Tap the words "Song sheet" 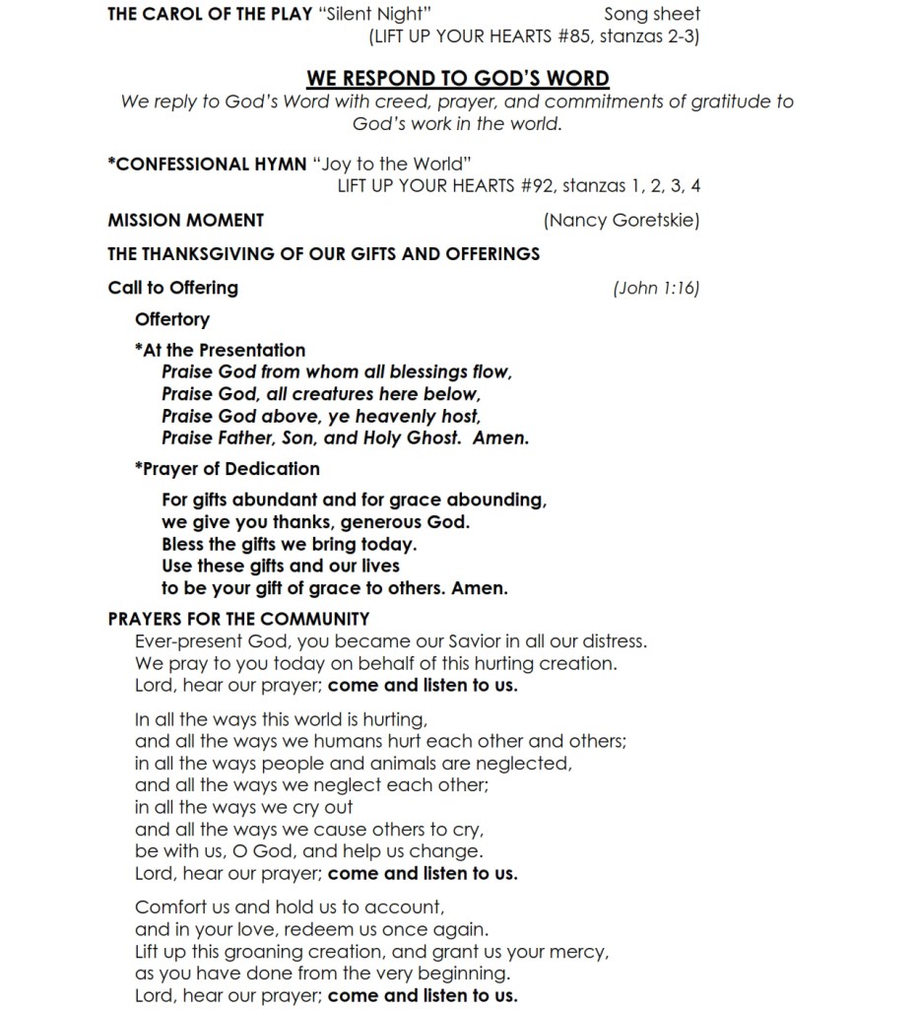coord(652,14)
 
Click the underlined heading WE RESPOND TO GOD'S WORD coord(457,78)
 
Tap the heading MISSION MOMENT coord(185,220)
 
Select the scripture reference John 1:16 coord(656,288)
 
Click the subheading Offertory coord(172,319)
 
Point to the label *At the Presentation coord(220,350)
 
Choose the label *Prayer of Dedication coord(227,469)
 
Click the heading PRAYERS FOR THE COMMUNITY coord(238,619)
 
